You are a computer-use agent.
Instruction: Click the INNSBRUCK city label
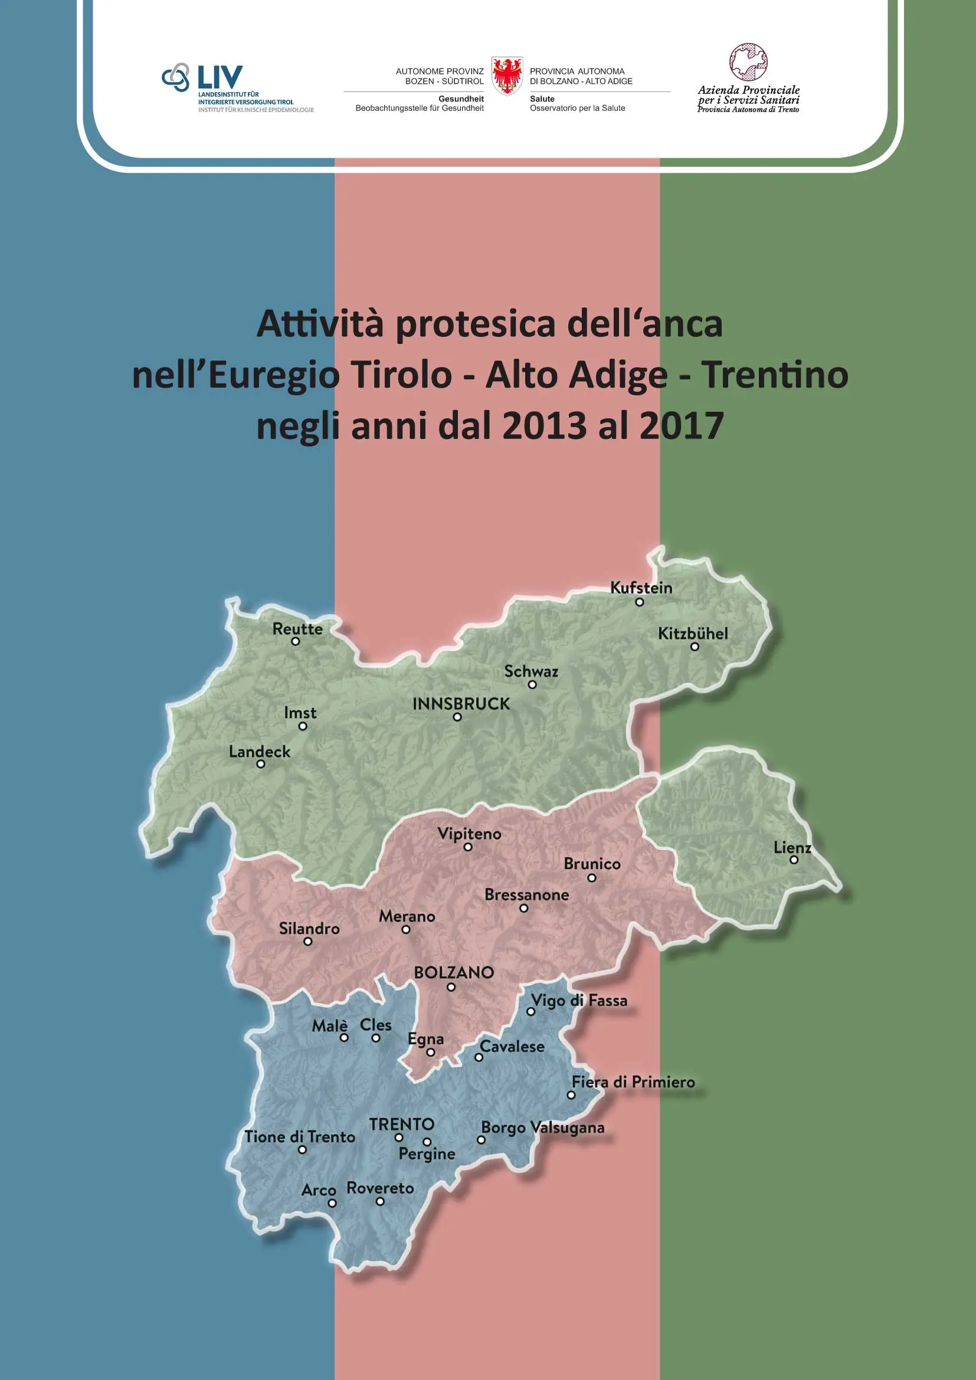point(461,704)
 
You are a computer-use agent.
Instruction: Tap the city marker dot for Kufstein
point(640,602)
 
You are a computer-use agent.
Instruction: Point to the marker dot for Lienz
point(793,860)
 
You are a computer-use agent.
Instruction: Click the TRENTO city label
point(401,1125)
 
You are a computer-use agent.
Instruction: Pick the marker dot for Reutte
point(295,641)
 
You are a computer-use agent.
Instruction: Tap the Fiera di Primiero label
point(633,1082)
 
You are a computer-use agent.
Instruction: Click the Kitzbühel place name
point(692,633)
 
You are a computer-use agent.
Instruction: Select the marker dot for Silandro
point(307,941)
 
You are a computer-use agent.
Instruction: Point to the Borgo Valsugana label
point(543,1127)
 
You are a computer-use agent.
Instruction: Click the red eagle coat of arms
point(507,76)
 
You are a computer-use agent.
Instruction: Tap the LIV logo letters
point(220,77)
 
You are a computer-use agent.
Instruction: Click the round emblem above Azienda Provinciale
point(748,62)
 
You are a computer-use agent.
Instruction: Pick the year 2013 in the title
point(543,425)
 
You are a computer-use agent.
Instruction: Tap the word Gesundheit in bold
point(461,99)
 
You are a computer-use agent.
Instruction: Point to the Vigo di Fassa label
point(579,1001)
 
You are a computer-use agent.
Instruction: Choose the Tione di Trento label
point(299,1136)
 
